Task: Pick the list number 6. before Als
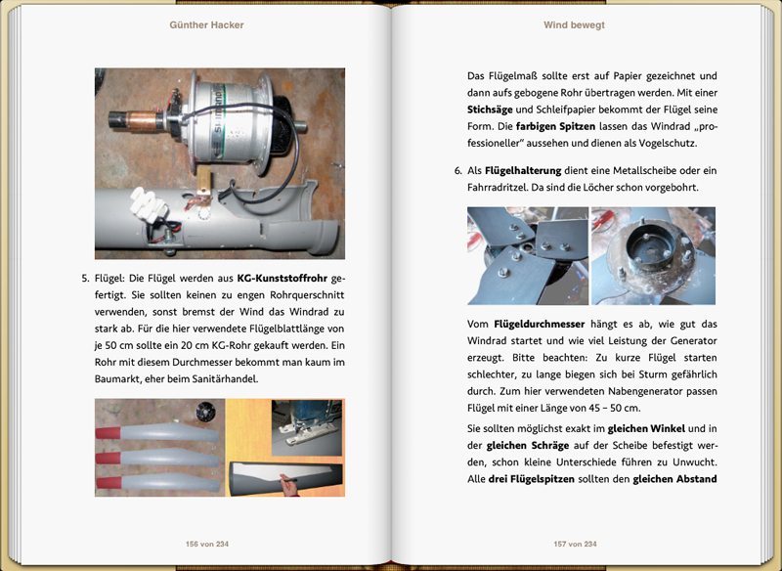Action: pos(457,170)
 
